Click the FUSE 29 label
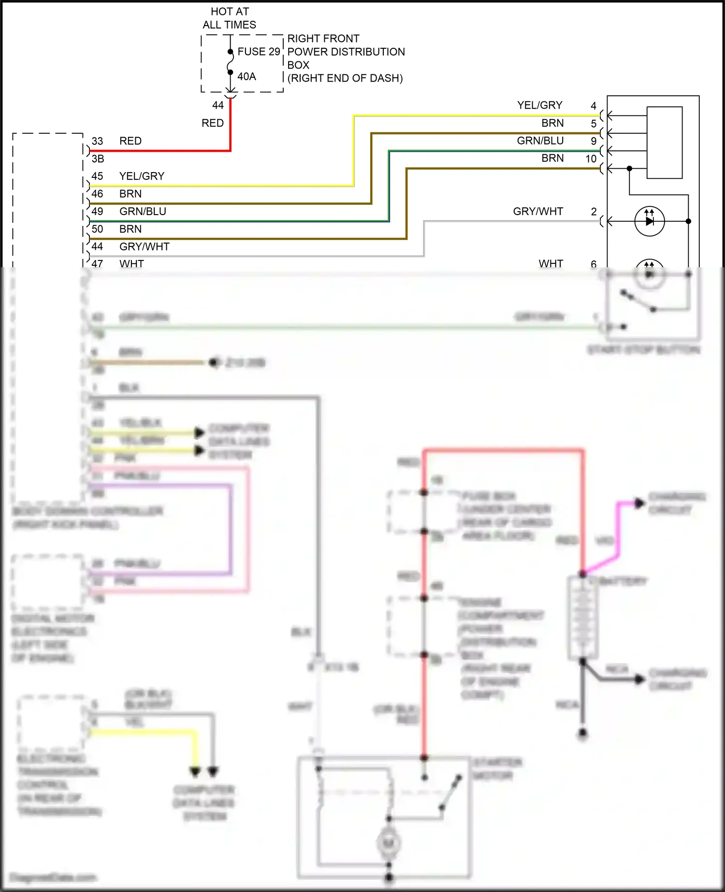coord(259,52)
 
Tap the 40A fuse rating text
coord(246,77)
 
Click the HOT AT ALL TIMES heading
coord(230,18)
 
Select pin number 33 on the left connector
coord(97,141)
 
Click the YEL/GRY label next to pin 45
coord(142,176)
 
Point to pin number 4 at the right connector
coord(594,106)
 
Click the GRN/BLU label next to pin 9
coord(540,141)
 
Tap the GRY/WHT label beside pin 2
coord(538,212)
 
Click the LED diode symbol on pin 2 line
coord(650,221)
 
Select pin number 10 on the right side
coord(591,159)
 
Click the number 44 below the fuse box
coord(218,105)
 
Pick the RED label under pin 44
coord(213,123)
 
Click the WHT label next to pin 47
coord(131,263)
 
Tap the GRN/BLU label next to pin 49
coord(143,212)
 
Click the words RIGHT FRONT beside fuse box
coord(323,39)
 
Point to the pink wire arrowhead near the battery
coord(639,504)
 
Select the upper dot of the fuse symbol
coord(231,52)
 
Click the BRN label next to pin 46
coord(130,194)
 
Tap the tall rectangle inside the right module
coord(665,143)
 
